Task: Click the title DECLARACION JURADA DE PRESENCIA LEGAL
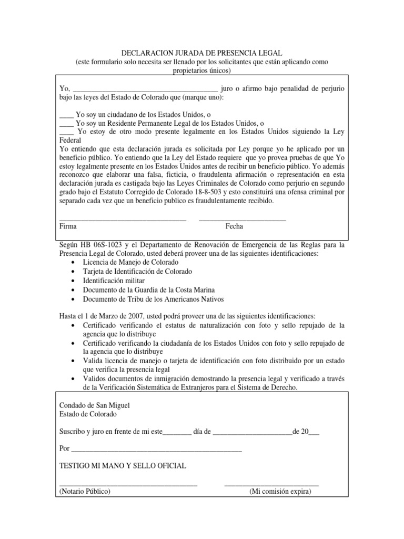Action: click(202, 53)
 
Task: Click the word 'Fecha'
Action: click(234, 226)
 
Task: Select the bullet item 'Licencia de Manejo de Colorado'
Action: click(130, 262)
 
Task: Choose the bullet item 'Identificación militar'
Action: click(114, 281)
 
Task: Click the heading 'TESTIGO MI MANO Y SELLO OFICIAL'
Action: click(123, 466)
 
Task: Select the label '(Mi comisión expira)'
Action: click(280, 492)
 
